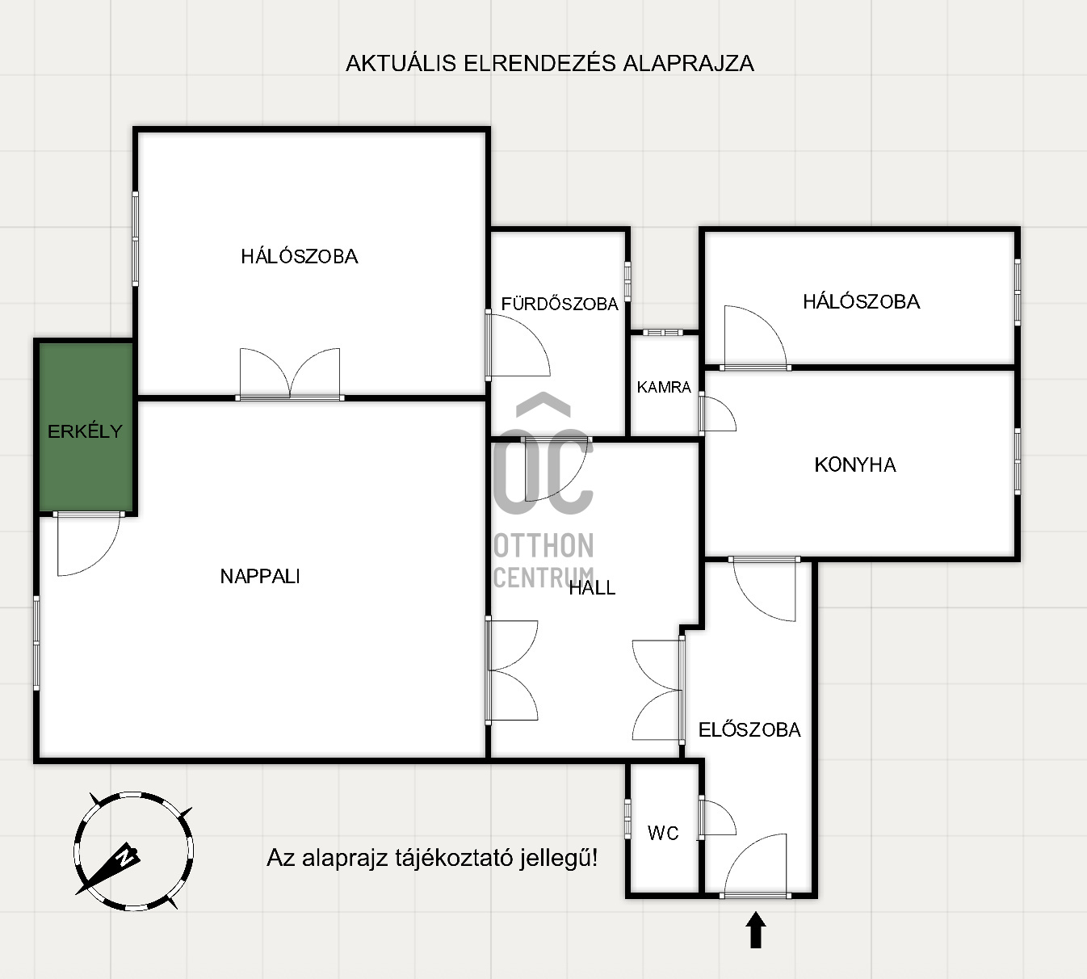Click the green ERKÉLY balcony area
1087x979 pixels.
pyautogui.click(x=86, y=427)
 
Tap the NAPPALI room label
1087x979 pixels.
pyautogui.click(x=260, y=576)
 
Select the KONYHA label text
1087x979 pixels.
pyautogui.click(x=855, y=465)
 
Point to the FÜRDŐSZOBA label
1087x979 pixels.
pyautogui.click(x=560, y=303)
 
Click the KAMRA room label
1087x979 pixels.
pyautogui.click(x=664, y=387)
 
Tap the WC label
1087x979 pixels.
pyautogui.click(x=663, y=833)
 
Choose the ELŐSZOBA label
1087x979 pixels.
pyautogui.click(x=749, y=729)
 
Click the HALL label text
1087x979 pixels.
pyautogui.click(x=592, y=587)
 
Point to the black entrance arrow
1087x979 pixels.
pyautogui.click(x=756, y=931)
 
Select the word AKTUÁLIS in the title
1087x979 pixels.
pyautogui.click(x=401, y=63)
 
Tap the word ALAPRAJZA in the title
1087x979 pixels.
pyautogui.click(x=688, y=64)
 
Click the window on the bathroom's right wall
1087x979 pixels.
pyautogui.click(x=627, y=281)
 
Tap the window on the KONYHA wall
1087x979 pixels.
pyautogui.click(x=1017, y=461)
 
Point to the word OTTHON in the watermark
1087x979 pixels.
pyautogui.click(x=544, y=545)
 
